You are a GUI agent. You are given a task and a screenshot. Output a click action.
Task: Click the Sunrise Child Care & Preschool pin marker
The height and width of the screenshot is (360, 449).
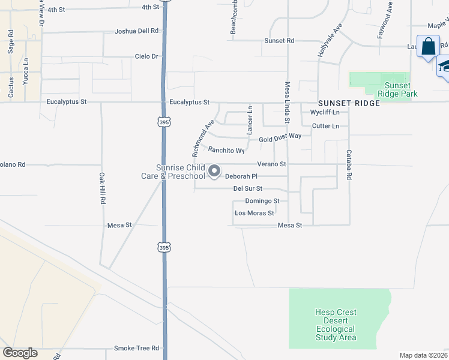tap(214, 172)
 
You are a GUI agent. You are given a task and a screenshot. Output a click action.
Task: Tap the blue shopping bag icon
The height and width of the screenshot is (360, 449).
tap(429, 47)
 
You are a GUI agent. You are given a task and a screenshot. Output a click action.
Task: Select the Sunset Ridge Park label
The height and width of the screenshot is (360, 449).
tap(397, 89)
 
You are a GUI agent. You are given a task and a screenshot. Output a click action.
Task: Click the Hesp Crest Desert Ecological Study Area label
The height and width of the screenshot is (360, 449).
tap(336, 325)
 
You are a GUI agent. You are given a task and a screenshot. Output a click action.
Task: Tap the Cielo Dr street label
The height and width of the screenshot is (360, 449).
tap(147, 56)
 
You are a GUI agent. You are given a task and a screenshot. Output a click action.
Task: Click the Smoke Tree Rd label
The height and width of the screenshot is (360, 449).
tap(137, 348)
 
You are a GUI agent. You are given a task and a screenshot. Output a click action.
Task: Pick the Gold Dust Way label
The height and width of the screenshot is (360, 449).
tap(280, 138)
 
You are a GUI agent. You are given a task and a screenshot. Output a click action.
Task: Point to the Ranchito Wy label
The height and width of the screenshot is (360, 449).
tap(226, 151)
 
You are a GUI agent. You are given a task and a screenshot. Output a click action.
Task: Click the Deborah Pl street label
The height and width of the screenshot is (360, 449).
tap(241, 176)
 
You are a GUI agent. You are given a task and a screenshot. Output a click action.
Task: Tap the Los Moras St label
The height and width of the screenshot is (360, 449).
tap(255, 213)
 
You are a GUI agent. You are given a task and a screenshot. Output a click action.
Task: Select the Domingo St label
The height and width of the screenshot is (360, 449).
tap(262, 200)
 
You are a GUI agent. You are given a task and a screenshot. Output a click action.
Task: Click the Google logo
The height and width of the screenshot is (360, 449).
tap(20, 353)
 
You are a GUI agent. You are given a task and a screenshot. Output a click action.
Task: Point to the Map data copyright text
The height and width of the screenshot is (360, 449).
tap(423, 355)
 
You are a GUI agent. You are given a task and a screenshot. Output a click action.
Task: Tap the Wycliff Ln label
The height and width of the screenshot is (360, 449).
tap(325, 112)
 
